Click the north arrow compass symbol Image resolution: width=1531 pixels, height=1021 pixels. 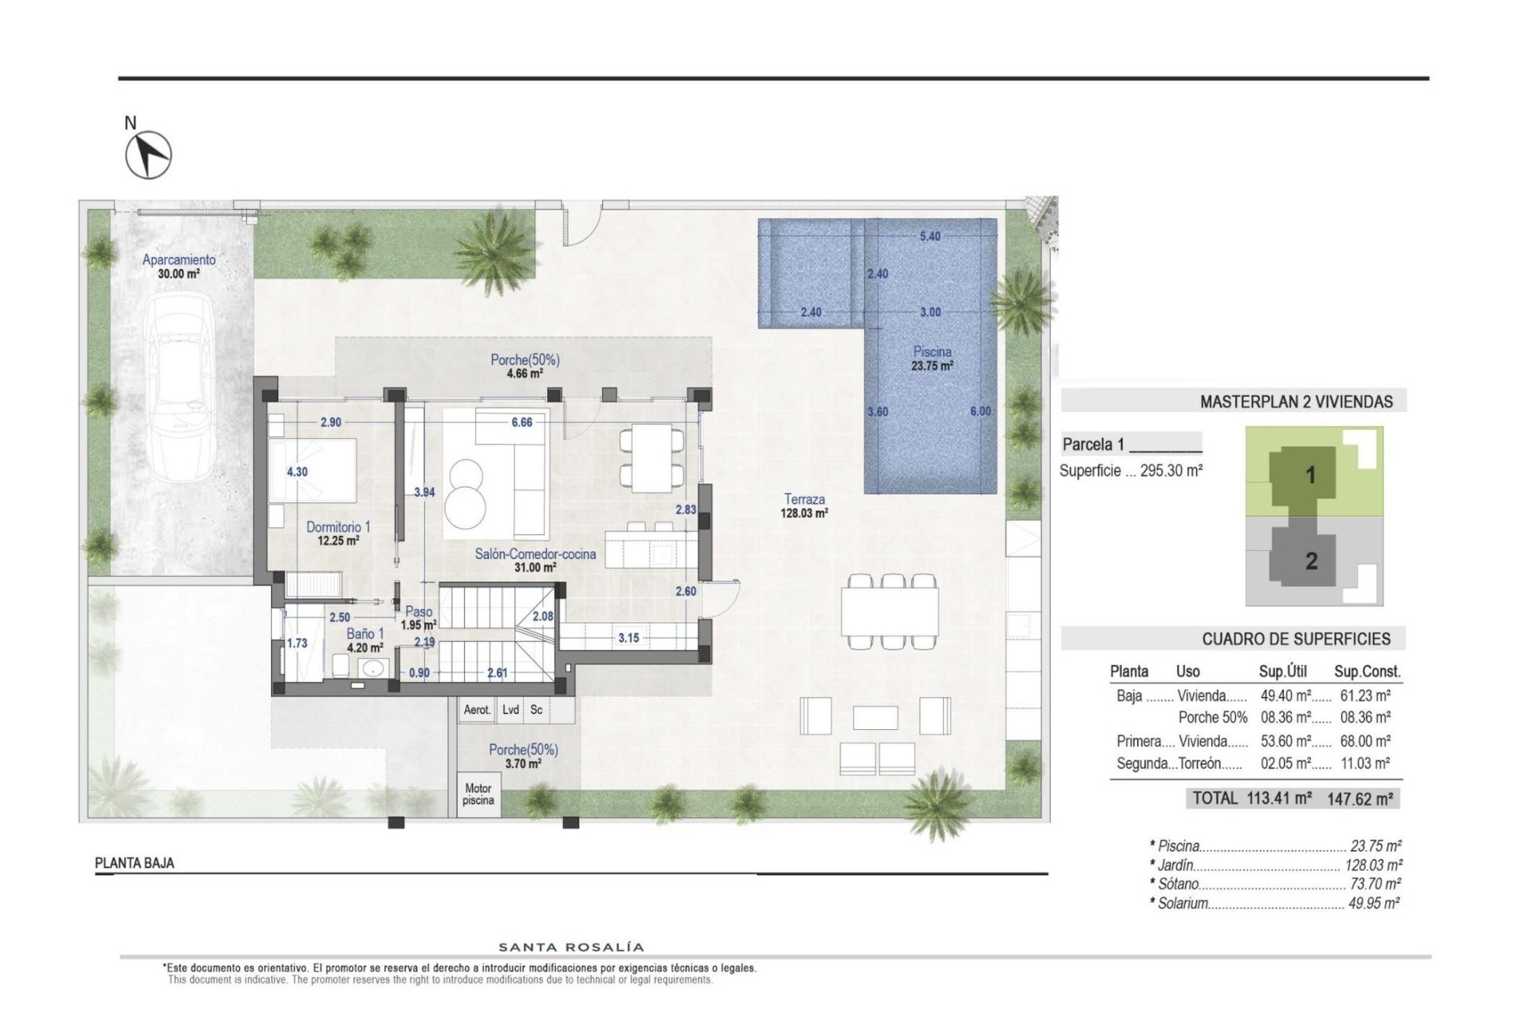tap(149, 154)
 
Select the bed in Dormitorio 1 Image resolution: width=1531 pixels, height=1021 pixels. tap(313, 470)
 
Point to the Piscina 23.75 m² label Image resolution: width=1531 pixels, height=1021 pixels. tap(932, 358)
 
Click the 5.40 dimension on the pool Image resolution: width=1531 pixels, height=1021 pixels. tap(930, 237)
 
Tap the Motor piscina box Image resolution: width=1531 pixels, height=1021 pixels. tap(478, 794)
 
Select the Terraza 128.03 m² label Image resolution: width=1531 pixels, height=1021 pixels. tap(804, 506)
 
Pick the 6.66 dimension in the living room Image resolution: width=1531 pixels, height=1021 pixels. tap(521, 422)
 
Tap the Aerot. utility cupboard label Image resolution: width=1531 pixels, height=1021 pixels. tap(477, 710)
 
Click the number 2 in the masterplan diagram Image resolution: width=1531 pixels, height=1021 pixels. tap(1311, 561)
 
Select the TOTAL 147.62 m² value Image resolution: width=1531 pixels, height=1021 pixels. tap(1360, 798)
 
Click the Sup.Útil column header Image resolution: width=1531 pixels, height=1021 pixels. tap(1282, 672)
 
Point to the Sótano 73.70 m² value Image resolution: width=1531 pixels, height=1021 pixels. tap(1374, 884)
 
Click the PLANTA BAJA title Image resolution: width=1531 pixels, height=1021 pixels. tap(134, 863)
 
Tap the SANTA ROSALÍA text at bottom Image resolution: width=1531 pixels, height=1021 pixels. tap(571, 948)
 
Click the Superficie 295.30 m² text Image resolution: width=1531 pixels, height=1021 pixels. tap(1131, 471)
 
